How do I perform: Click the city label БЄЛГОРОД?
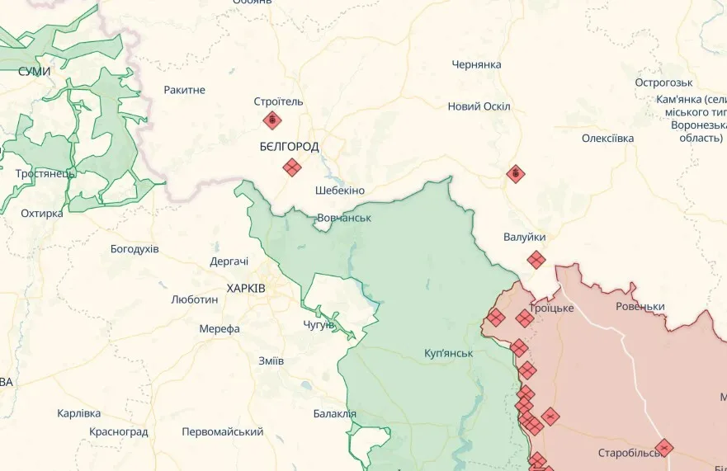point(289,146)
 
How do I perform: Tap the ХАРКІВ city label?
point(246,288)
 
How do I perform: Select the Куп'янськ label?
point(448,353)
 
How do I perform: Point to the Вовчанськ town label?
point(343,218)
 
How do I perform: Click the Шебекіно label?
point(340,191)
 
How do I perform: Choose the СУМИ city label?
point(34,72)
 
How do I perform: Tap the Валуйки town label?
point(524,237)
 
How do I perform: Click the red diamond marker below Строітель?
point(271,121)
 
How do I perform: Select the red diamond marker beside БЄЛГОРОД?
point(291,167)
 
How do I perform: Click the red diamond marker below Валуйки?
point(536,260)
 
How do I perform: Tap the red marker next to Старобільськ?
point(663,448)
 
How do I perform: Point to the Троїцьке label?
point(551,308)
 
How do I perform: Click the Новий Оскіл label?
point(479,106)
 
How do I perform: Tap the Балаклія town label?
point(335,413)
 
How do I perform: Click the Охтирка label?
point(41,214)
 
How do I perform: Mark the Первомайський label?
point(223,431)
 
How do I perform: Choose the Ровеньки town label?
point(640,306)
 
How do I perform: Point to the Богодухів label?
point(135,248)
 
